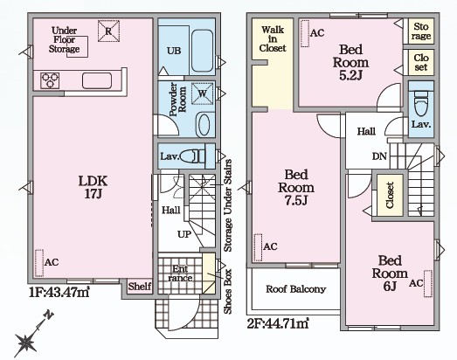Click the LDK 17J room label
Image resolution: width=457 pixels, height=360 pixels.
(x=93, y=187)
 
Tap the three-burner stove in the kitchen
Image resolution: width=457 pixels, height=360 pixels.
(x=50, y=80)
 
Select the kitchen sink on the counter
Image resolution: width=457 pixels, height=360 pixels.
(x=97, y=80)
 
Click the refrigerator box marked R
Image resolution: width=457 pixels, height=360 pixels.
(x=108, y=31)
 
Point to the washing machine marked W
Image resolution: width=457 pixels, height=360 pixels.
(x=202, y=93)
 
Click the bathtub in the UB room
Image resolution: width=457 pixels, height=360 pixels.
(x=203, y=51)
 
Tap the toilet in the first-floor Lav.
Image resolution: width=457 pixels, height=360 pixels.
(x=190, y=156)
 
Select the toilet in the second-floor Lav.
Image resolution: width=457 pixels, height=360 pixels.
(x=421, y=103)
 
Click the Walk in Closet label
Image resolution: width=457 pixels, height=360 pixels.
(x=273, y=38)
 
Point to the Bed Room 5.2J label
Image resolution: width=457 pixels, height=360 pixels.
(x=351, y=62)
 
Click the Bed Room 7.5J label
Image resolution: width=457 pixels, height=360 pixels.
(x=296, y=187)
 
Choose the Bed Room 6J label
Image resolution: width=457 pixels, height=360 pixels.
(x=390, y=273)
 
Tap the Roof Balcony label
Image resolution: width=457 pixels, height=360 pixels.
(x=296, y=289)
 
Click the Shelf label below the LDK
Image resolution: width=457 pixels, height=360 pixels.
(x=140, y=287)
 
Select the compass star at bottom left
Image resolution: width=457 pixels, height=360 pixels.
(x=25, y=342)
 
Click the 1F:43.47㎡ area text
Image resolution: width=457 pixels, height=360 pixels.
(x=59, y=292)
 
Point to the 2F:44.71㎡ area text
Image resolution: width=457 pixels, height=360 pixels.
(x=278, y=323)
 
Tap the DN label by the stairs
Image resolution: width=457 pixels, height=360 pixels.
(x=379, y=156)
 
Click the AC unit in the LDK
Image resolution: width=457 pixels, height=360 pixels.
(x=39, y=263)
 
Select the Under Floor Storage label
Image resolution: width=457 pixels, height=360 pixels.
(x=64, y=39)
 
